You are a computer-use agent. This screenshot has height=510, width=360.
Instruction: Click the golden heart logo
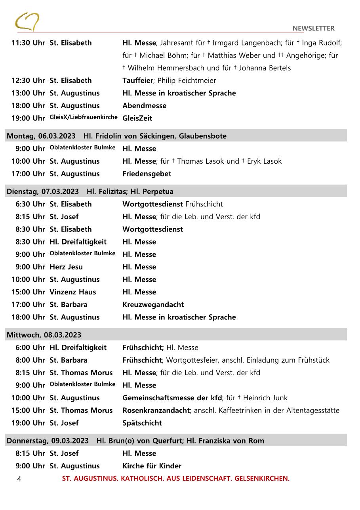click(x=27, y=22)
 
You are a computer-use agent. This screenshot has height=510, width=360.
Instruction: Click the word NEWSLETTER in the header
click(x=313, y=28)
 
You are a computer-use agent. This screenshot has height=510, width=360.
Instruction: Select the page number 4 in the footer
click(x=19, y=479)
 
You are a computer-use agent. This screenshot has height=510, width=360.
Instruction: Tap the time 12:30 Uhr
click(x=28, y=80)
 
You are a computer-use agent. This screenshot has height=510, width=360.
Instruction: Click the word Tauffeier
click(x=137, y=80)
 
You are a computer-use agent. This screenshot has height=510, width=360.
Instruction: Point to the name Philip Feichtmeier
click(x=187, y=80)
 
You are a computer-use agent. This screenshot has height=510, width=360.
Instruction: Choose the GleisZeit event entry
click(x=137, y=118)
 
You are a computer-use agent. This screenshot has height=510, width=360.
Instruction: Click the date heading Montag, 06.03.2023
click(x=41, y=136)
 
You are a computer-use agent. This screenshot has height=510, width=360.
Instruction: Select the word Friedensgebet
click(x=147, y=174)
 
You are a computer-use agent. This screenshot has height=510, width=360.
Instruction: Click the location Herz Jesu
click(x=66, y=267)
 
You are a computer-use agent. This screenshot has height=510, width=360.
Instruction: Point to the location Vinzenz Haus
click(x=72, y=292)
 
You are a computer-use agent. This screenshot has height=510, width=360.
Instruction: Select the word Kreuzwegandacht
click(x=153, y=305)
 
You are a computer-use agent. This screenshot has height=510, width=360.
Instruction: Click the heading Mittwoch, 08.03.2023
click(x=44, y=335)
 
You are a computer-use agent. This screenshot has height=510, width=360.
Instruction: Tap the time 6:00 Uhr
click(x=30, y=348)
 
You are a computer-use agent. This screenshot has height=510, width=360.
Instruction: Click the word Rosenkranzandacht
click(x=156, y=411)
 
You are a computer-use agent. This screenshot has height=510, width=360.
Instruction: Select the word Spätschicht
click(x=142, y=423)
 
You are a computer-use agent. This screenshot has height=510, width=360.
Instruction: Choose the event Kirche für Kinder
click(x=152, y=466)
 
